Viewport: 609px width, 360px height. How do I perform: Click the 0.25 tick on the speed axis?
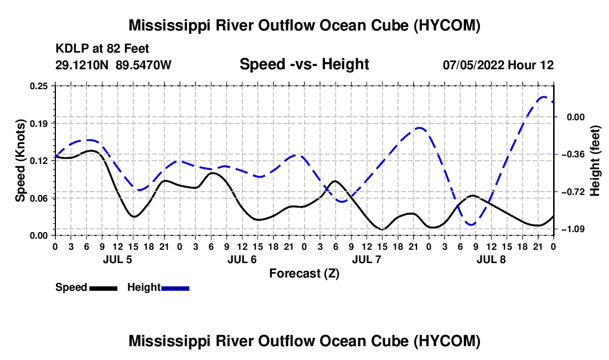coord(38,86)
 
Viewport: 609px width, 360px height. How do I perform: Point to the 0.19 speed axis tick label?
coord(38,124)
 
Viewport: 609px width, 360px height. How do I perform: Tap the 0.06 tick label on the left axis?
coord(38,198)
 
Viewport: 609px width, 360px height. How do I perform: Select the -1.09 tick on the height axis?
coord(573,229)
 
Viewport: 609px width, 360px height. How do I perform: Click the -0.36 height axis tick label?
coord(573,155)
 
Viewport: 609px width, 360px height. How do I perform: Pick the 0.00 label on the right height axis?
coord(576,117)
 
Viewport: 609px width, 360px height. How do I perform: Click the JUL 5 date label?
coord(117,259)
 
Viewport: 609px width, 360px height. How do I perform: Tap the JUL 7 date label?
coord(367,259)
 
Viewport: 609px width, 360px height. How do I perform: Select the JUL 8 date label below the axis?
coord(491,259)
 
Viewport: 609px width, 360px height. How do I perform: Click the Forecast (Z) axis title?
coord(304,274)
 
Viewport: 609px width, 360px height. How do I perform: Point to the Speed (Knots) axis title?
coord(20,161)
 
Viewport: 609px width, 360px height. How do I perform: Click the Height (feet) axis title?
coord(595,161)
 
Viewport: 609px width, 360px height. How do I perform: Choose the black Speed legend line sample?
coord(104,289)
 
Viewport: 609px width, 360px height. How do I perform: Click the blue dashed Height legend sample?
coord(175,289)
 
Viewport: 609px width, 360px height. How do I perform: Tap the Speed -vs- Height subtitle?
coord(304,64)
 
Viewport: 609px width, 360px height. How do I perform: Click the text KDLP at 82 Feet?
coord(102,49)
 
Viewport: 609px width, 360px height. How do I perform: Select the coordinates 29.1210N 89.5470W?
coord(113,65)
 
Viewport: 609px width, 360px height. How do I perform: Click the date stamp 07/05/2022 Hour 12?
coord(498,65)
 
